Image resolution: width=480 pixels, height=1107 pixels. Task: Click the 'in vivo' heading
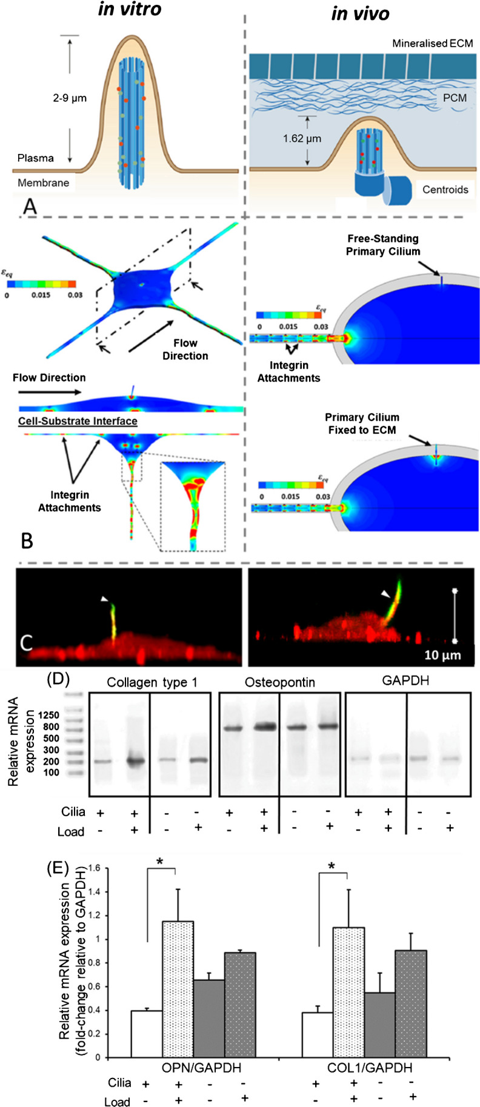(360, 13)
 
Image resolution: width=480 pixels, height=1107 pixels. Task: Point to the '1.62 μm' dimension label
(302, 139)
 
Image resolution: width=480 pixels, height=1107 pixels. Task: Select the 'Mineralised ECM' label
(432, 44)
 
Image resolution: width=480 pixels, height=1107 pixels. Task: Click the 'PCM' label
(455, 98)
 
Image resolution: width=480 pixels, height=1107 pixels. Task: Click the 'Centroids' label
(445, 190)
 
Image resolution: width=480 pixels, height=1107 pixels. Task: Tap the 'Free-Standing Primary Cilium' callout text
(382, 245)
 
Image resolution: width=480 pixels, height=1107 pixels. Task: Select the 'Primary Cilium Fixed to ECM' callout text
(362, 424)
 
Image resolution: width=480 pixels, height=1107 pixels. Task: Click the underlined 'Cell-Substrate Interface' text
(78, 421)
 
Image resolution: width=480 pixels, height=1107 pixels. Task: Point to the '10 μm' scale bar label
(443, 654)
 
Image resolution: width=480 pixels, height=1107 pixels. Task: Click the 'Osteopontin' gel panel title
(280, 682)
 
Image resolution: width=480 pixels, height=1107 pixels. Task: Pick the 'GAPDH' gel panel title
(405, 680)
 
